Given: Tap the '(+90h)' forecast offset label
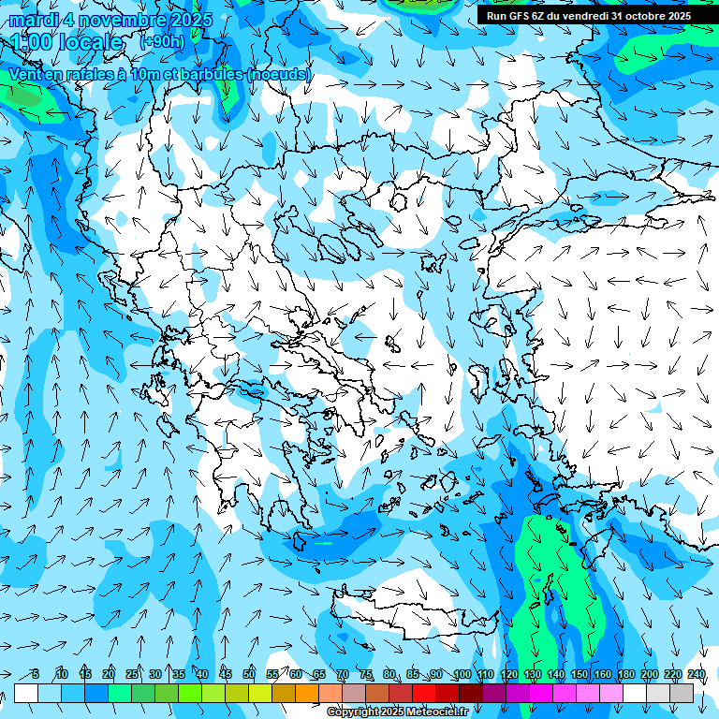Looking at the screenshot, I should pyautogui.click(x=162, y=41).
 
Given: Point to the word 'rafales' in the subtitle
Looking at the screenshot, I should pyautogui.click(x=81, y=74).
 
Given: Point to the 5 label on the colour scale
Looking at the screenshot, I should pyautogui.click(x=35, y=675).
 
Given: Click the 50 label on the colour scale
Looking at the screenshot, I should pyautogui.click(x=249, y=675).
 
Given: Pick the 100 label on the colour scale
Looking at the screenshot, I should pyautogui.click(x=462, y=675).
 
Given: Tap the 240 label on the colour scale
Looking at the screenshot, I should pyautogui.click(x=697, y=675).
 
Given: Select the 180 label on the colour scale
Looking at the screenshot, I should pyautogui.click(x=625, y=675).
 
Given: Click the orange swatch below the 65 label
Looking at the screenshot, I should pyautogui.click(x=307, y=693).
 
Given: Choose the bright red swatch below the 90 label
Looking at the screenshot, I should pyautogui.click(x=424, y=693).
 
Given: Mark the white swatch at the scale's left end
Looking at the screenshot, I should pyautogui.click(x=26, y=693).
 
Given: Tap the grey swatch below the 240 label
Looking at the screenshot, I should pyautogui.click(x=682, y=693).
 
